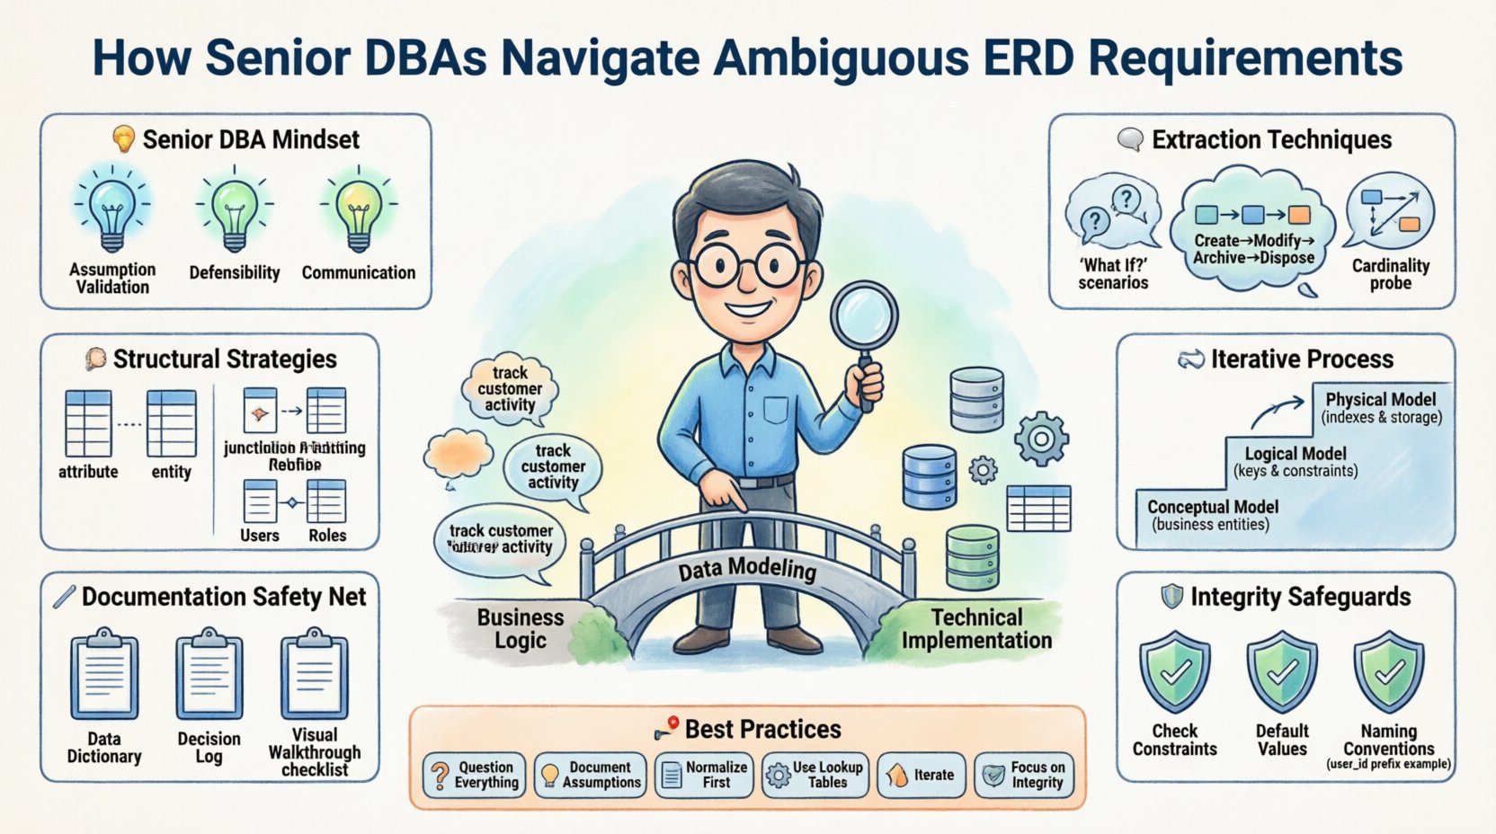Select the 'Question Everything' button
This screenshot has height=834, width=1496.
[x=475, y=775]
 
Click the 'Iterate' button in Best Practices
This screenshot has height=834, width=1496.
[x=921, y=775]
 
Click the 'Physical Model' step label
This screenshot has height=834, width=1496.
[x=1380, y=399]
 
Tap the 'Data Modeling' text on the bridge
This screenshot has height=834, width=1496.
[x=747, y=569]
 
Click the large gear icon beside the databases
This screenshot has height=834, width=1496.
[x=1041, y=439]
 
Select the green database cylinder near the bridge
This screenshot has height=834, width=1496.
[x=973, y=556]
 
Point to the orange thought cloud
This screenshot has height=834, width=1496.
[x=459, y=455]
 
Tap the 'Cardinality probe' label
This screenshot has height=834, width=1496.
[x=1390, y=274]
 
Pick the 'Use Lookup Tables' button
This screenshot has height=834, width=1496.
[x=815, y=775]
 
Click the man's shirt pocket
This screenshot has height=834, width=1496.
[x=776, y=411]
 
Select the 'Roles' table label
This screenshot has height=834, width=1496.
[x=327, y=535]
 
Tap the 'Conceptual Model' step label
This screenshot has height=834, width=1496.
[x=1212, y=507]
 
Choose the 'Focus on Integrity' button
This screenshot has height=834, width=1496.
[x=1024, y=775]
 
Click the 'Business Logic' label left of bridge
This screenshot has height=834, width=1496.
[x=521, y=629]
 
